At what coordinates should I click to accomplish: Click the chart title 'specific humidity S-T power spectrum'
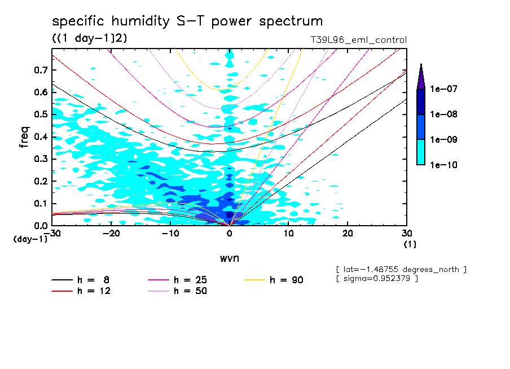pyautogui.click(x=187, y=21)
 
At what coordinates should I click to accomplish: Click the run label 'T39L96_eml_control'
pyautogui.click(x=354, y=40)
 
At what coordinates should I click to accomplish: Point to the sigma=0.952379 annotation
pyautogui.click(x=377, y=279)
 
